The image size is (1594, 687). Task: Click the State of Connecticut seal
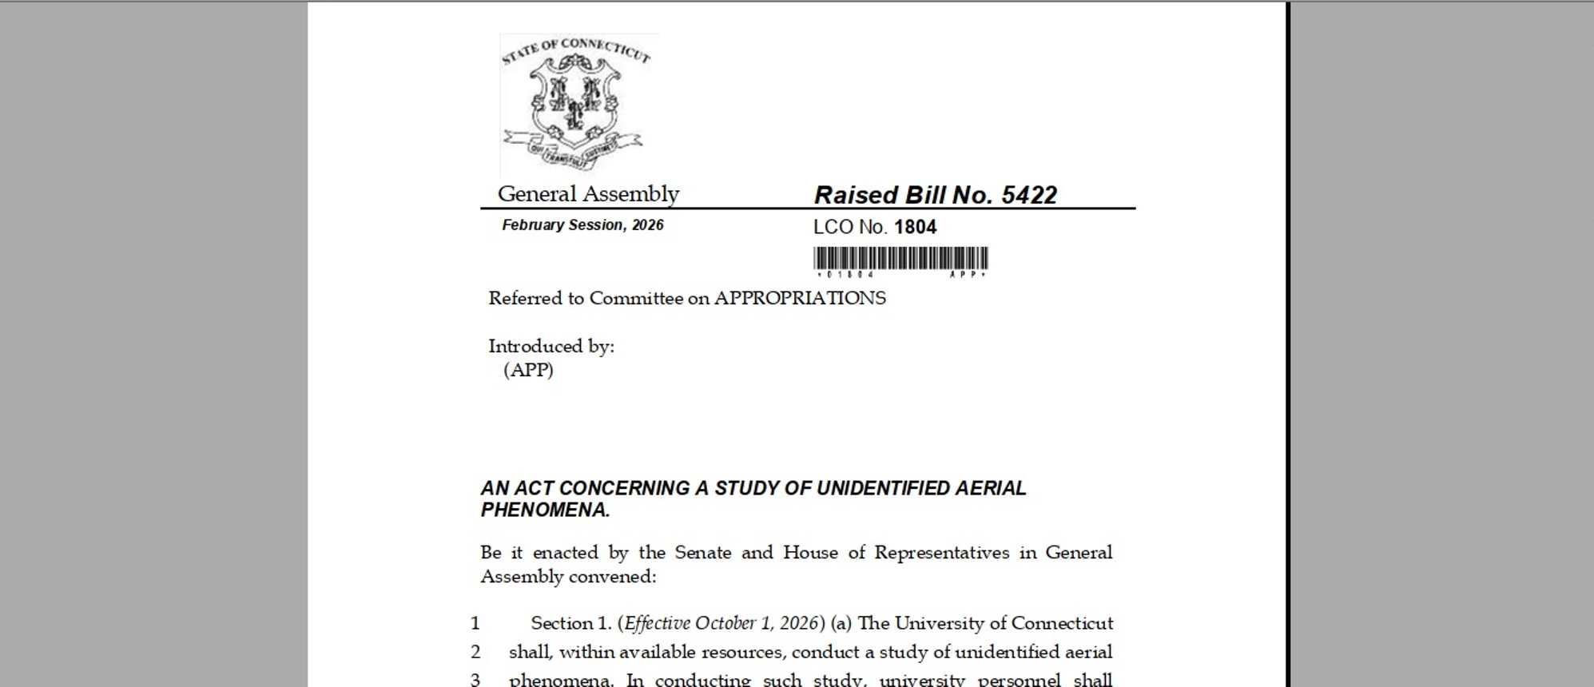[x=576, y=104]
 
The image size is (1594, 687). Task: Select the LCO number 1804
[x=915, y=227]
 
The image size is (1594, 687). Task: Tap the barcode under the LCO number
[x=900, y=259]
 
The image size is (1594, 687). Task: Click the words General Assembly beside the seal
[x=588, y=194]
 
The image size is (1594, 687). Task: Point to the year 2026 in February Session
[x=647, y=225]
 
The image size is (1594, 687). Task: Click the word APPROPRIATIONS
[x=800, y=298]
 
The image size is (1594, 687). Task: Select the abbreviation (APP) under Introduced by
[x=528, y=370]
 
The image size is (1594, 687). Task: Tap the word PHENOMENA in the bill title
[x=545, y=510]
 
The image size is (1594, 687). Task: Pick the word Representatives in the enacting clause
[x=941, y=553]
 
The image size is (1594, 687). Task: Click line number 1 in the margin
[x=475, y=623]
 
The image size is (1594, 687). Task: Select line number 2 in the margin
[x=475, y=652]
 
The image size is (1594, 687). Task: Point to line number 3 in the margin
[x=475, y=680]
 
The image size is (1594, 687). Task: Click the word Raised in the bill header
[x=855, y=195]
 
